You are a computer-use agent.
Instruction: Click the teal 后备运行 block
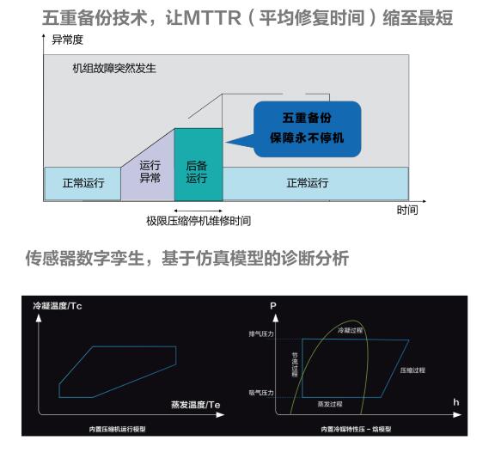point(199,164)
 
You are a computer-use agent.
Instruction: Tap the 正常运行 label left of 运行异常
point(83,183)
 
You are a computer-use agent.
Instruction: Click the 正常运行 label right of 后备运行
point(308,183)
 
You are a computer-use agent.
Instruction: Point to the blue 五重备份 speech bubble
point(307,129)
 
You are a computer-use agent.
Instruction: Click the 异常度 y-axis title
point(67,40)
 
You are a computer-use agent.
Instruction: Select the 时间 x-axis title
point(407,210)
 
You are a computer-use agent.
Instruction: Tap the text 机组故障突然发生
point(114,68)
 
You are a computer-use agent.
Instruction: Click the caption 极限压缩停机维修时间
point(199,221)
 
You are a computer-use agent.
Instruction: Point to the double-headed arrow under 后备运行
point(199,211)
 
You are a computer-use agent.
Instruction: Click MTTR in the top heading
point(212,18)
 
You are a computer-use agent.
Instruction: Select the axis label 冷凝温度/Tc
point(58,306)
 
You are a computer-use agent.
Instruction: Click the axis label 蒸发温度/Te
point(195,405)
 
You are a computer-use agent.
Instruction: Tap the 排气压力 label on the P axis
point(261,333)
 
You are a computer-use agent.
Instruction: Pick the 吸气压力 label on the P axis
point(261,393)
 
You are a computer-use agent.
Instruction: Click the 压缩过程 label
point(412,370)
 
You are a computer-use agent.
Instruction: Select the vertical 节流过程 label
point(295,364)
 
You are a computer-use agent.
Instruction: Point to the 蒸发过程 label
point(330,404)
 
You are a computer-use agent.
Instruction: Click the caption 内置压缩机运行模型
point(117,429)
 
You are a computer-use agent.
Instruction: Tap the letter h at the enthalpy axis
point(455,402)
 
